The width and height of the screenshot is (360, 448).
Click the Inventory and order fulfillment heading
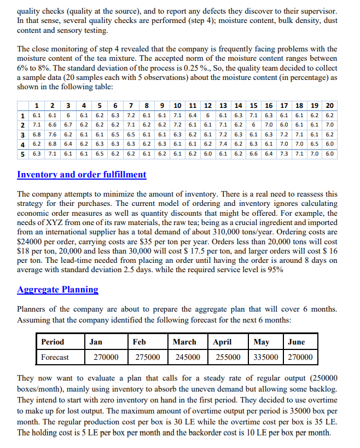(x=82, y=175)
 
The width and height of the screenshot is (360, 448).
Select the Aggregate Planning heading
(x=58, y=290)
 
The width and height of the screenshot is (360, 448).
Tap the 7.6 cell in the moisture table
(x=53, y=134)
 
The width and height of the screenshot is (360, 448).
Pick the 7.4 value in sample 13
(x=223, y=144)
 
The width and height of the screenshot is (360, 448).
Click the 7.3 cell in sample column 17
(x=284, y=154)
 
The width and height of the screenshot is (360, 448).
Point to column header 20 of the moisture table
(x=330, y=105)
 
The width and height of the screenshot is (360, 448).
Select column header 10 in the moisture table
(x=178, y=105)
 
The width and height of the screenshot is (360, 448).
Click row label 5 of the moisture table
(x=22, y=154)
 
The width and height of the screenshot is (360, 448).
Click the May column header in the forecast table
(x=262, y=342)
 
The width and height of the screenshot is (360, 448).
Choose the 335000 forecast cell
(x=266, y=357)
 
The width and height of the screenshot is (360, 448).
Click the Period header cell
(x=53, y=342)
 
